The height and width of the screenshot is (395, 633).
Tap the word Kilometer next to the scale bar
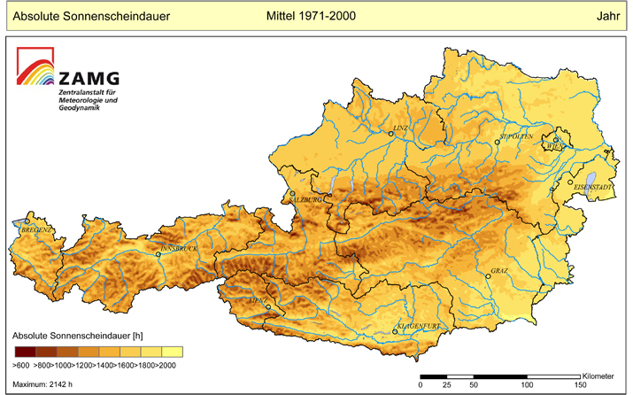click(x=601, y=376)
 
